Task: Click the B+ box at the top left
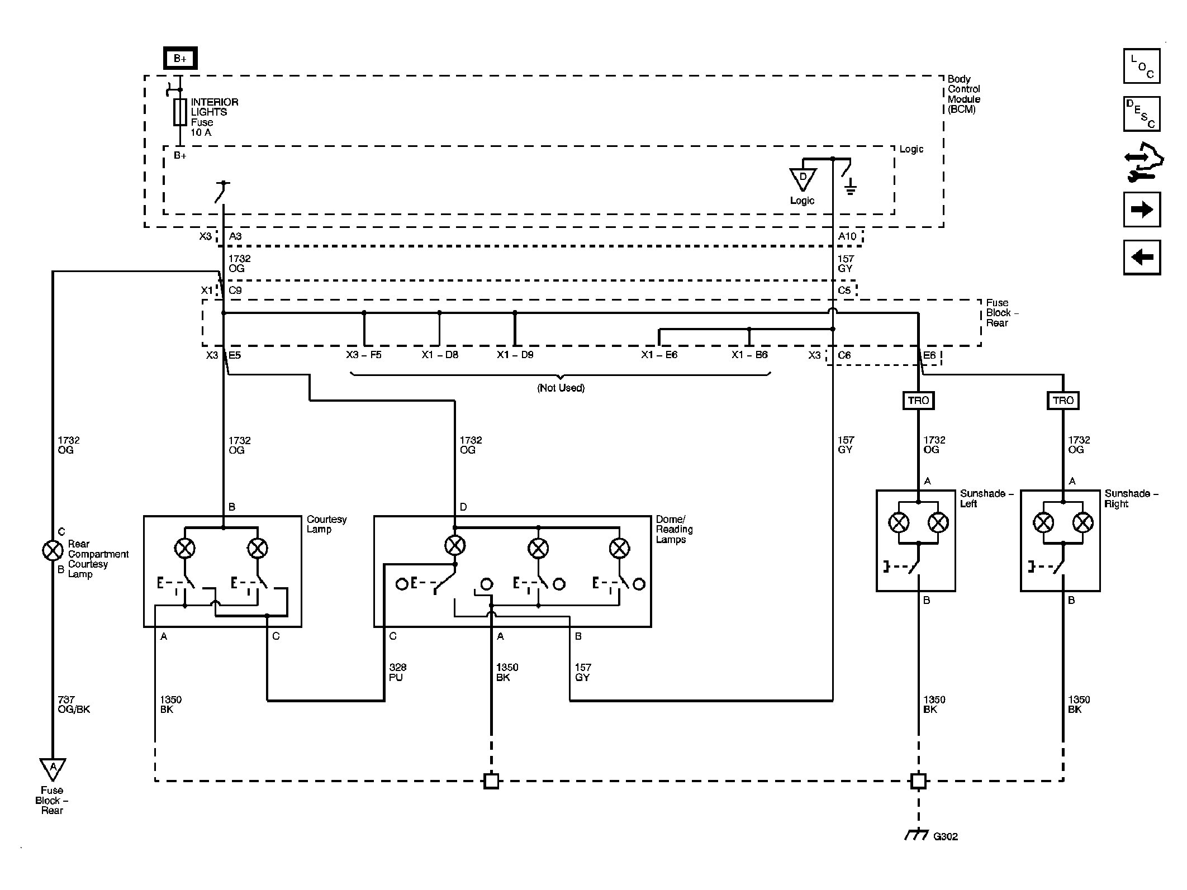180,59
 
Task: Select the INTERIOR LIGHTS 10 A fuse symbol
180,112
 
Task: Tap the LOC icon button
1142,66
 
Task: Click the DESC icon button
1142,114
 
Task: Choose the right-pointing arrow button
1142,210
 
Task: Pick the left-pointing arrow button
1142,258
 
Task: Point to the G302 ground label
946,852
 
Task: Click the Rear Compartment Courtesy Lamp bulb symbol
53,551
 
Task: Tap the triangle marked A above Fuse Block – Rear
53,769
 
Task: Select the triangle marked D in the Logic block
803,179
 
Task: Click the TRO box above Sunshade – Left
918,401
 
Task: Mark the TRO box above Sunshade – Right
1063,401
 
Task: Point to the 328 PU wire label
397,672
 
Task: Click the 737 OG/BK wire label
74,705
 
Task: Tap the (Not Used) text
561,388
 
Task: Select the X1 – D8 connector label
440,355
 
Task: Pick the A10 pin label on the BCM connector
847,236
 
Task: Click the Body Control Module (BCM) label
964,94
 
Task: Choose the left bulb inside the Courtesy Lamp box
185,549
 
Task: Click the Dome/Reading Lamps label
674,529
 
